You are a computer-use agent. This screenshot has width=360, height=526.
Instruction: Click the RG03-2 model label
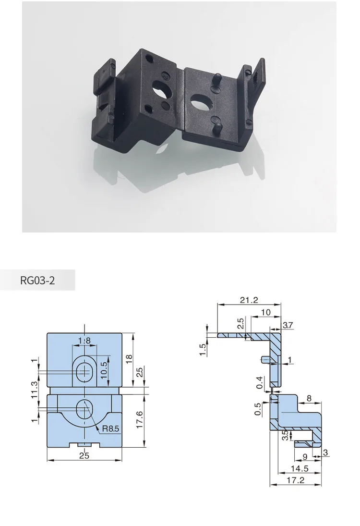pos(37,281)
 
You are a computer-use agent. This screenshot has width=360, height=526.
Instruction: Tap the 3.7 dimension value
pos(288,325)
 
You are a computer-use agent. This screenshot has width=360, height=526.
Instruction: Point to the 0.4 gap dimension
pos(259,382)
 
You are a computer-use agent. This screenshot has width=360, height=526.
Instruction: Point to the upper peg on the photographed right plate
pos(216,77)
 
